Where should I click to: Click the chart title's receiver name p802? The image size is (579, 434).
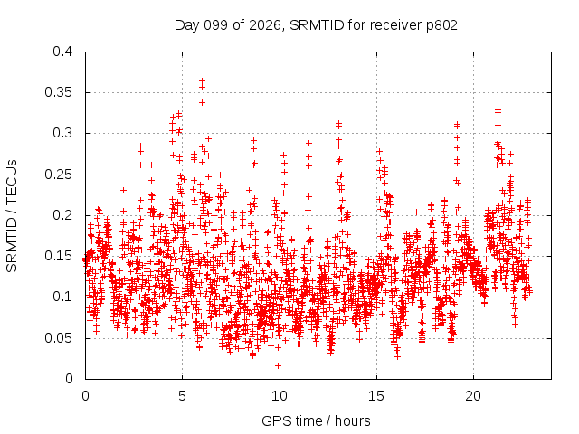coord(441,26)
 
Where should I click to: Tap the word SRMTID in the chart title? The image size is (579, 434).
coord(317,25)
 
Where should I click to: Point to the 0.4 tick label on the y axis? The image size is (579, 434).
coord(62,52)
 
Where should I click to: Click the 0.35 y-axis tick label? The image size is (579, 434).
coord(58,92)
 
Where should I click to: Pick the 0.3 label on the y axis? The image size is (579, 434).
coord(62,133)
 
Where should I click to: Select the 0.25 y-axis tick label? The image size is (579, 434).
coord(58,175)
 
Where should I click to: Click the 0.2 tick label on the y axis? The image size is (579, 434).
coord(62,215)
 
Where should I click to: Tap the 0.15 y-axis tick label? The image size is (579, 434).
coord(58,256)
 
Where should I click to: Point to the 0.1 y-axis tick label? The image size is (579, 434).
coord(62,297)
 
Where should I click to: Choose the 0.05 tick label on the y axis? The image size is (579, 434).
coord(58,337)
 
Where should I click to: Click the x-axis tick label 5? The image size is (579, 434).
coord(183,396)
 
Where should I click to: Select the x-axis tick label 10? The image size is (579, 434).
coord(280,396)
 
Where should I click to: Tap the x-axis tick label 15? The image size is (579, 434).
coord(376,396)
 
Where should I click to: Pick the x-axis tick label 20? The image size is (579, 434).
coord(473,396)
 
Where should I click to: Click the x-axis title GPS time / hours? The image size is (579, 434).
coord(316,421)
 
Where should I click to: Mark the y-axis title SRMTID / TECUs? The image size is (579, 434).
coord(12,216)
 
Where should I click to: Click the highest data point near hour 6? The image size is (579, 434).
coord(202,80)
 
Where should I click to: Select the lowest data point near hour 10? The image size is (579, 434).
coord(278,365)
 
